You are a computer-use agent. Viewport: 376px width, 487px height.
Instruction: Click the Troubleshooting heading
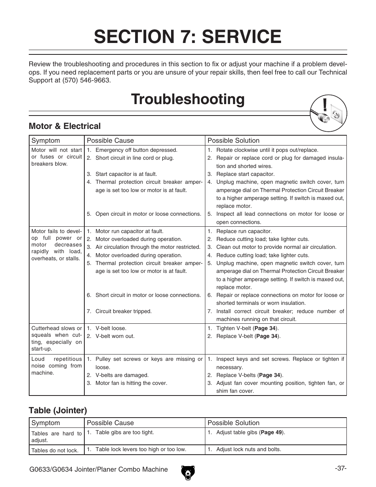188,99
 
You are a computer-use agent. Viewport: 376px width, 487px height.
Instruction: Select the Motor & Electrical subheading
65,126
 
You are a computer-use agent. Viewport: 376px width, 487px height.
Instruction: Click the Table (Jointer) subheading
58,410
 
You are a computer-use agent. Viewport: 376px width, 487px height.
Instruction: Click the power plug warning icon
328,114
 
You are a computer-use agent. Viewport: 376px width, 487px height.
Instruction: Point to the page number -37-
341,468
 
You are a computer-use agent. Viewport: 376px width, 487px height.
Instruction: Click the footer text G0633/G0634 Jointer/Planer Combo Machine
99,469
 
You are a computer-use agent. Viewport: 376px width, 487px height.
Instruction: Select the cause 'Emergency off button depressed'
136,150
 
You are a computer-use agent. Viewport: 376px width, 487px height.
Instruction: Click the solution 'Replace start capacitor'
245,174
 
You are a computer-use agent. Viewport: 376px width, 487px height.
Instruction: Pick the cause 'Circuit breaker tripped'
123,311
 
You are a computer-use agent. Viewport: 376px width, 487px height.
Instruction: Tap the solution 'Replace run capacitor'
244,231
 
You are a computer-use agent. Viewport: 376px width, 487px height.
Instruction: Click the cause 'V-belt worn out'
115,336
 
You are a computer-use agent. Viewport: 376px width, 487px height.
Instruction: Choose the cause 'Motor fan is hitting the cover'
131,383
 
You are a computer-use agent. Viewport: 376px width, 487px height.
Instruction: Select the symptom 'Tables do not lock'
55,450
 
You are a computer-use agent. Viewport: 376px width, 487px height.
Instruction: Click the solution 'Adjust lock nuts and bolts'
248,449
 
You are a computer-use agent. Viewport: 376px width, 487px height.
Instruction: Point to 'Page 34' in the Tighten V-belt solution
266,328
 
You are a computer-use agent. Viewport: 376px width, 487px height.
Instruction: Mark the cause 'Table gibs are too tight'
125,432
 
